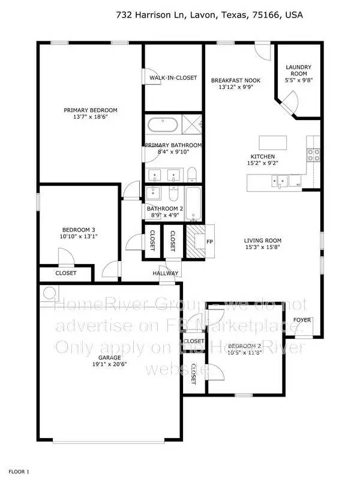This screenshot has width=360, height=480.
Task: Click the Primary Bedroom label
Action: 91,110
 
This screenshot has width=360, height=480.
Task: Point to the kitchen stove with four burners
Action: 313,155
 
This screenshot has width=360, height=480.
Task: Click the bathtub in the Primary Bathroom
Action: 163,126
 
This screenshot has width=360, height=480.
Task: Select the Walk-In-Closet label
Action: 173,78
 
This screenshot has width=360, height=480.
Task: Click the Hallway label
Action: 165,274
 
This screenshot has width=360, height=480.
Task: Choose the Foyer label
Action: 302,320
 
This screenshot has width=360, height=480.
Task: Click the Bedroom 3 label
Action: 79,230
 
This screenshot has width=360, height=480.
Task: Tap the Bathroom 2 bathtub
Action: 193,203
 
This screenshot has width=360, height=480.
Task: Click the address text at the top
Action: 209,15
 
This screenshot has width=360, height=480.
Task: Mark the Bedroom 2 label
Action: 244,346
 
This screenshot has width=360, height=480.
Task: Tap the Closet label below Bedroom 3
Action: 66,273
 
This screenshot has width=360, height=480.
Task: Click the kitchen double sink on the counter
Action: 281,179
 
